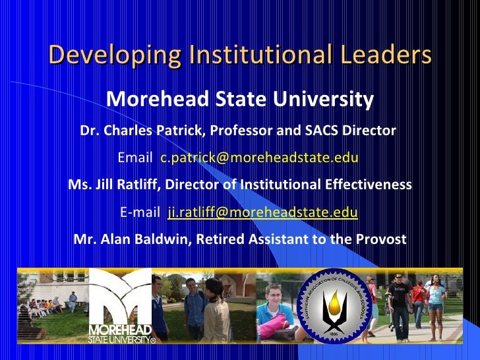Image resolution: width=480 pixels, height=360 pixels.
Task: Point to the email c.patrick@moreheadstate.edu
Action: (x=259, y=158)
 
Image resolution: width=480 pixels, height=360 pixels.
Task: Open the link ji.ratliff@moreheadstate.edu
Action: (x=262, y=212)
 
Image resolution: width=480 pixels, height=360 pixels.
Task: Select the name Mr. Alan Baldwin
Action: (x=131, y=239)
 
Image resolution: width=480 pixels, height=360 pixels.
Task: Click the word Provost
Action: (x=380, y=239)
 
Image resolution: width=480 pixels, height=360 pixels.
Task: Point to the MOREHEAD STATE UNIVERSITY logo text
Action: (x=121, y=334)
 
